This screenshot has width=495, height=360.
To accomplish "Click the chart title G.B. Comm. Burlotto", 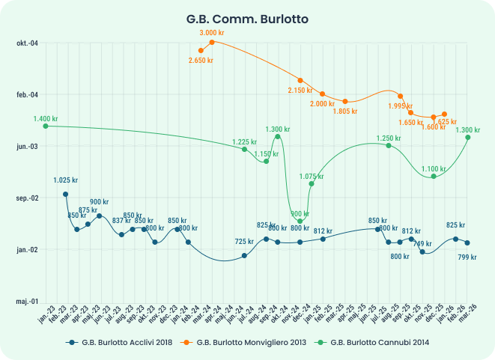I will (247, 16).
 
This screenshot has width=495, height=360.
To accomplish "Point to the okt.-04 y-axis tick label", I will (27, 43).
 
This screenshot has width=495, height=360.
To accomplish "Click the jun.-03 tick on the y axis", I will (27, 146).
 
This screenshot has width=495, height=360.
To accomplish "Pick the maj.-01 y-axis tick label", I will (27, 301).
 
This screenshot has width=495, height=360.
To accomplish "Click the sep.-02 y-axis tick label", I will (27, 198).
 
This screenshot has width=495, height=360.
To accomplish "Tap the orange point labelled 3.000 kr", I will (212, 42).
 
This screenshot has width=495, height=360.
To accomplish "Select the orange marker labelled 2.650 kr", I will (201, 50).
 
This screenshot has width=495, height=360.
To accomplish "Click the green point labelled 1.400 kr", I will (45, 126).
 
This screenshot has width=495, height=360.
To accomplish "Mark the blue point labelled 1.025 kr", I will (65, 194).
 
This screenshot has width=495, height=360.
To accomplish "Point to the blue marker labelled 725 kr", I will (244, 256).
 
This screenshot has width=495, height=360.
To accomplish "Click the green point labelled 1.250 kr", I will (389, 145).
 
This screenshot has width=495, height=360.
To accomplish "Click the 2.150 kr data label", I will (300, 90).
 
